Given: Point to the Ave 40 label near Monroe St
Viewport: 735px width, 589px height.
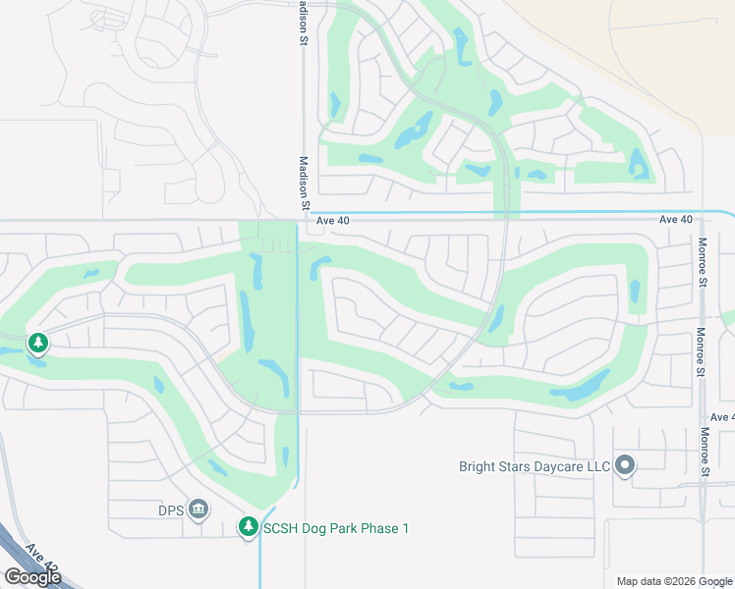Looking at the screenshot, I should pyautogui.click(x=676, y=220).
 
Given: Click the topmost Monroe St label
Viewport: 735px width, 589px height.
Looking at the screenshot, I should pyautogui.click(x=703, y=257).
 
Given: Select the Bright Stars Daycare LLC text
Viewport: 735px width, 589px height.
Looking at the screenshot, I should pyautogui.click(x=535, y=466).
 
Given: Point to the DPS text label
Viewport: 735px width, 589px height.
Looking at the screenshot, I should pyautogui.click(x=171, y=509).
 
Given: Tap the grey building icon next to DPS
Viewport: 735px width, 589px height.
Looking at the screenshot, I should pyautogui.click(x=198, y=509).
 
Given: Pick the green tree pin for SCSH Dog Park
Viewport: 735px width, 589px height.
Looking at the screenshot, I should pyautogui.click(x=249, y=527).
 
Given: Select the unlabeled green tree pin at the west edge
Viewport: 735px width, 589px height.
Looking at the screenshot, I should pyautogui.click(x=38, y=343).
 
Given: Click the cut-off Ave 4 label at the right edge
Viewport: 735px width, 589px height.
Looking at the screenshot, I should pyautogui.click(x=722, y=417).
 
